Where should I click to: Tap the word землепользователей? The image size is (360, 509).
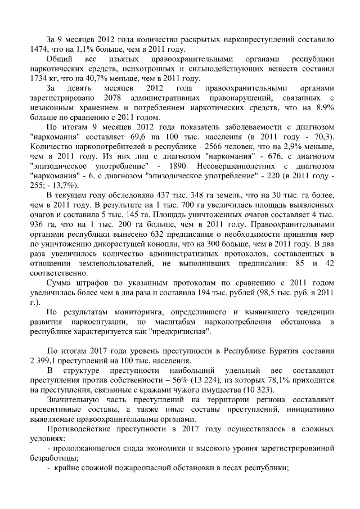tap(117, 263)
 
